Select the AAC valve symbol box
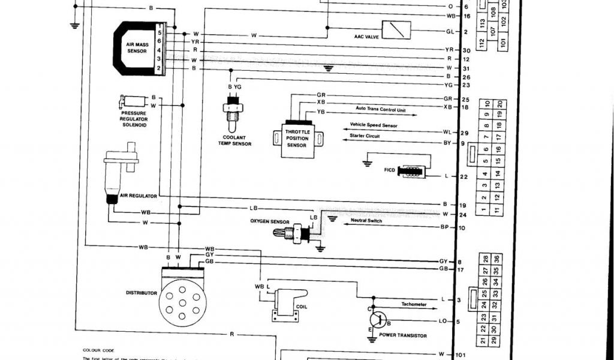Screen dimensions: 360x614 [396, 29]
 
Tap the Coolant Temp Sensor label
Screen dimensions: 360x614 [234, 140]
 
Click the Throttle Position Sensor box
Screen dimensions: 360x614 [297, 138]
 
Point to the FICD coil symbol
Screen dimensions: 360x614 [414, 172]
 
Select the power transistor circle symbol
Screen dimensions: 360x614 [377, 319]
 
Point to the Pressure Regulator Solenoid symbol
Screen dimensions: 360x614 [133, 101]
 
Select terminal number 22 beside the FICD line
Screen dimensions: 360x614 [463, 176]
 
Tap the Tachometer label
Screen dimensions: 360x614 [414, 304]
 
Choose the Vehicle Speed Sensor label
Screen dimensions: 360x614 [374, 125]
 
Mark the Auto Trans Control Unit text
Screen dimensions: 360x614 [381, 110]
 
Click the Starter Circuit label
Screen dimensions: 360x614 [365, 136]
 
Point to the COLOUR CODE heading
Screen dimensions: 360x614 [98, 350]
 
